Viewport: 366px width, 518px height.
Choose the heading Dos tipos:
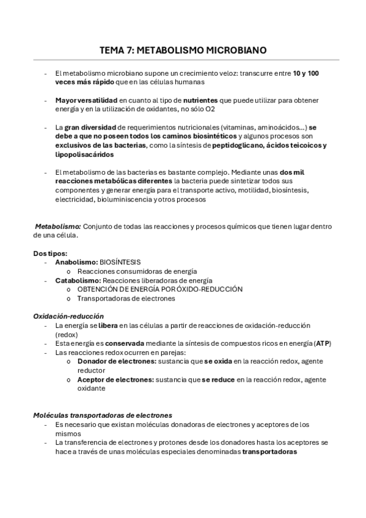pos(50,253)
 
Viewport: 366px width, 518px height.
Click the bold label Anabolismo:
pos(76,262)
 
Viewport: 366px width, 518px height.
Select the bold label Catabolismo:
pos(78,280)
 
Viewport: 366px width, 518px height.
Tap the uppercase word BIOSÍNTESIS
pos(120,262)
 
